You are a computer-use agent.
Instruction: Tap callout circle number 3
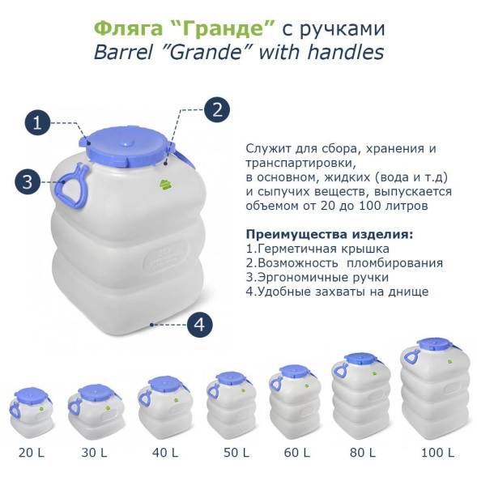[x=27, y=181]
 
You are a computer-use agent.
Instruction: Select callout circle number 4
[x=200, y=325]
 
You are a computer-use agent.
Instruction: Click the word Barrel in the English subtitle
[x=126, y=53]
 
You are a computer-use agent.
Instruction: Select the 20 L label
[x=32, y=451]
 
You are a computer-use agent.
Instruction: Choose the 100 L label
[x=438, y=451]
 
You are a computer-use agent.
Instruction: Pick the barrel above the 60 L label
[x=296, y=400]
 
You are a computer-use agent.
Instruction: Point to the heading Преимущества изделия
[x=328, y=235]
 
